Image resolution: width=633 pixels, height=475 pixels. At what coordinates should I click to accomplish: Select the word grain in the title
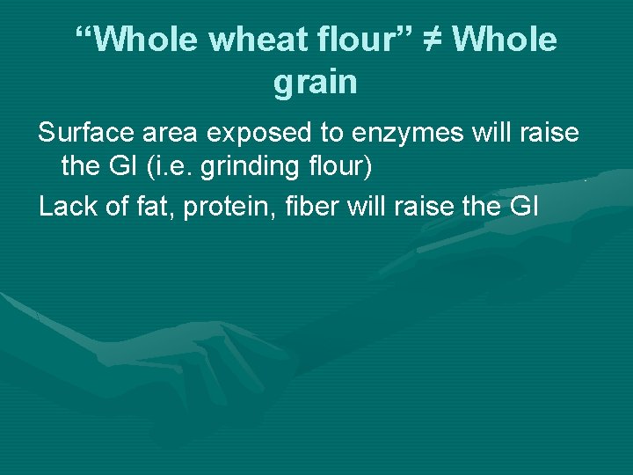[316, 83]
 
